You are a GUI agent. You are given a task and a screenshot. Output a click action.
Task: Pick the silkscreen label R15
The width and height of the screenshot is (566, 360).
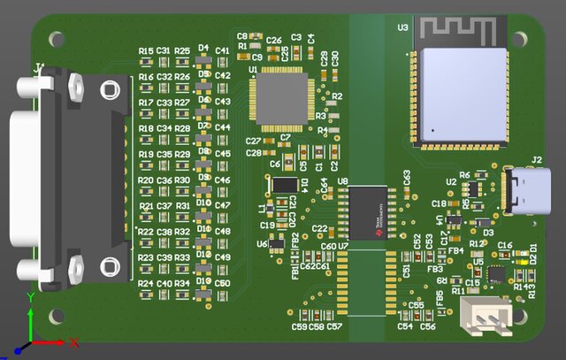tap(146, 51)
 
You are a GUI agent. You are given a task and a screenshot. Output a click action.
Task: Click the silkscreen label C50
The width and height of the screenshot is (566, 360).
tap(222, 283)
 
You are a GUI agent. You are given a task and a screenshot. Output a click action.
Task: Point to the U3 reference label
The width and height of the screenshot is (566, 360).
tap(402, 27)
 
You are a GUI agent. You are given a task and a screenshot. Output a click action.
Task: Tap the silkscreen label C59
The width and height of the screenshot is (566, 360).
tap(299, 327)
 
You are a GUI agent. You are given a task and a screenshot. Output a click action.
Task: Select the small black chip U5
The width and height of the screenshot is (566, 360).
tap(496, 274)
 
